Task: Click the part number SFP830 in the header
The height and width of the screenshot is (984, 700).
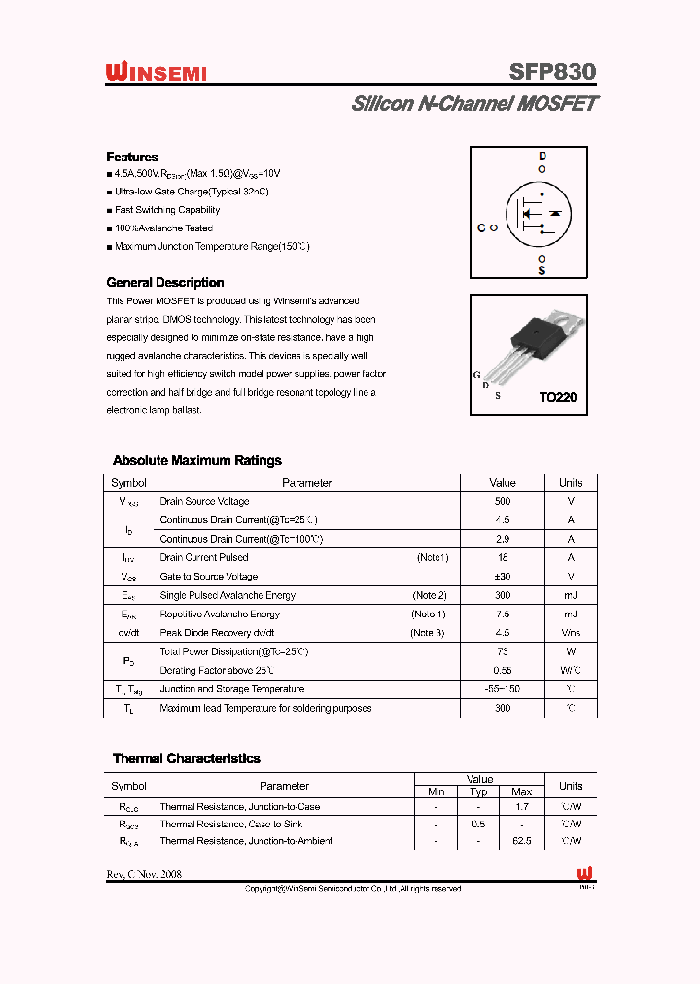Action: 552,72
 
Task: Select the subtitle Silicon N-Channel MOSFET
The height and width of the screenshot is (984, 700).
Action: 474,103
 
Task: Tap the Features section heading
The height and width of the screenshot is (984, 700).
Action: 132,157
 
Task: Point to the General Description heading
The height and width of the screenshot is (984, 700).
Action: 164,282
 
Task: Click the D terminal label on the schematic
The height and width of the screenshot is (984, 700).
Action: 542,157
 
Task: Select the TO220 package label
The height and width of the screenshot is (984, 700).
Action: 558,398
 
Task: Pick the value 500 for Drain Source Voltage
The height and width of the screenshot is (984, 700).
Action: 502,502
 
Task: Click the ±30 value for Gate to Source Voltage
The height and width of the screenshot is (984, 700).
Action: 502,577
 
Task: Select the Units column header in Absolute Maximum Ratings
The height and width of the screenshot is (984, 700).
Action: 571,483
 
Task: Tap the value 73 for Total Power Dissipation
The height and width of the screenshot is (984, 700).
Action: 502,651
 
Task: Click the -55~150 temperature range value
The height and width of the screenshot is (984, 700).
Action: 502,689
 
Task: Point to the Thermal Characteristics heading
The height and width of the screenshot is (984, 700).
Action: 186,758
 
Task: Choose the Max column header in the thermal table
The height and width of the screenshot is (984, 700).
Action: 521,791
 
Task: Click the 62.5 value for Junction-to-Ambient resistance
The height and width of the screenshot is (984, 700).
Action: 521,841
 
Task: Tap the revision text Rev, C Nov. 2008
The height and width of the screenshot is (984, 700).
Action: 144,874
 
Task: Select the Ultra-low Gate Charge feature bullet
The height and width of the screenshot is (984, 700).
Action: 192,192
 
